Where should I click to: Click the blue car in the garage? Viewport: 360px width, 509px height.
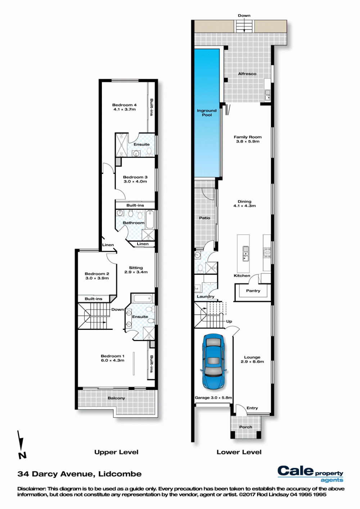pos(213,362)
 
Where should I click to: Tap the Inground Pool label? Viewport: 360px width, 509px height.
pos(207,113)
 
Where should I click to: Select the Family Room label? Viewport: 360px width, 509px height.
pos(248,137)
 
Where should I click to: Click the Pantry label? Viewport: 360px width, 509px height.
pos(253,291)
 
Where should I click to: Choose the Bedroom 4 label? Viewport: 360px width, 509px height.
pos(125,105)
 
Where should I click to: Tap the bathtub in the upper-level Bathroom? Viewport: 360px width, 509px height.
pos(150,219)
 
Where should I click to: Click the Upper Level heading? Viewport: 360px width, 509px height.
pos(116,452)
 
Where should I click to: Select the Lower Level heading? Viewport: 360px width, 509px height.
pos(239,452)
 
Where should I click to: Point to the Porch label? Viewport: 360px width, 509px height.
pos(246,427)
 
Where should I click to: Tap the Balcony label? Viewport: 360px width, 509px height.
pos(116,398)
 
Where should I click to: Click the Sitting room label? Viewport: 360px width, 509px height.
pos(136,268)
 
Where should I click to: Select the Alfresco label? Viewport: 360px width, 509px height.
pos(247,74)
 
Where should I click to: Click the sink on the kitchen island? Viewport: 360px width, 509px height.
pos(246,254)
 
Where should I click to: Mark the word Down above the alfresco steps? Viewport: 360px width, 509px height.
pos(244,15)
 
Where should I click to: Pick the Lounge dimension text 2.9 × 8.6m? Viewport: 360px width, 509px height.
pos(252,362)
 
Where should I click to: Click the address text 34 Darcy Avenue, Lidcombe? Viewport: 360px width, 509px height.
pos(80,474)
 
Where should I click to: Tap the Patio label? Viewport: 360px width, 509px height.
pos(205,218)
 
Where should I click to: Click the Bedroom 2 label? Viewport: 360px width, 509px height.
pos(97,274)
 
